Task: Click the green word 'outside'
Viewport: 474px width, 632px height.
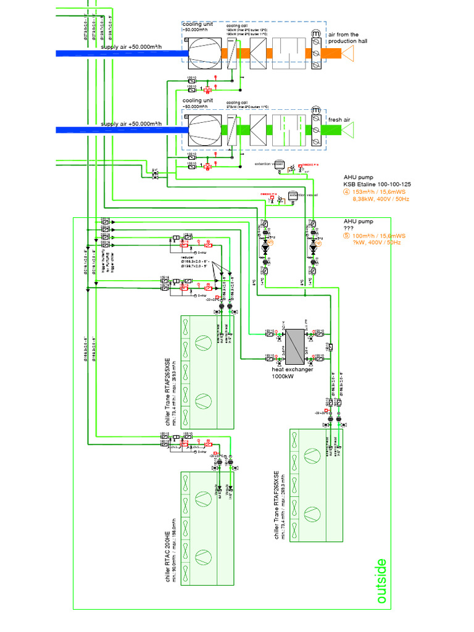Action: tap(381, 581)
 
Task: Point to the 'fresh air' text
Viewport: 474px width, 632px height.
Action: tap(339, 120)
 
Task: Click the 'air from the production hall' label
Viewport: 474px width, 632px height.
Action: tap(352, 38)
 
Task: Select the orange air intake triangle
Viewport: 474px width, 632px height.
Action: tap(349, 54)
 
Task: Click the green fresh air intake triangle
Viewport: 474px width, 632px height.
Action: tap(349, 130)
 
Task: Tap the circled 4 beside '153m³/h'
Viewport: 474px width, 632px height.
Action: tap(347, 192)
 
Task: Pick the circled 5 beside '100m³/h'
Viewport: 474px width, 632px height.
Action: tap(347, 236)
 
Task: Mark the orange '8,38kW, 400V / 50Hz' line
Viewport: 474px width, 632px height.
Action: tap(381, 199)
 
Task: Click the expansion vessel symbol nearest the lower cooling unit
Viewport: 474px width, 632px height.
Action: tap(278, 165)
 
